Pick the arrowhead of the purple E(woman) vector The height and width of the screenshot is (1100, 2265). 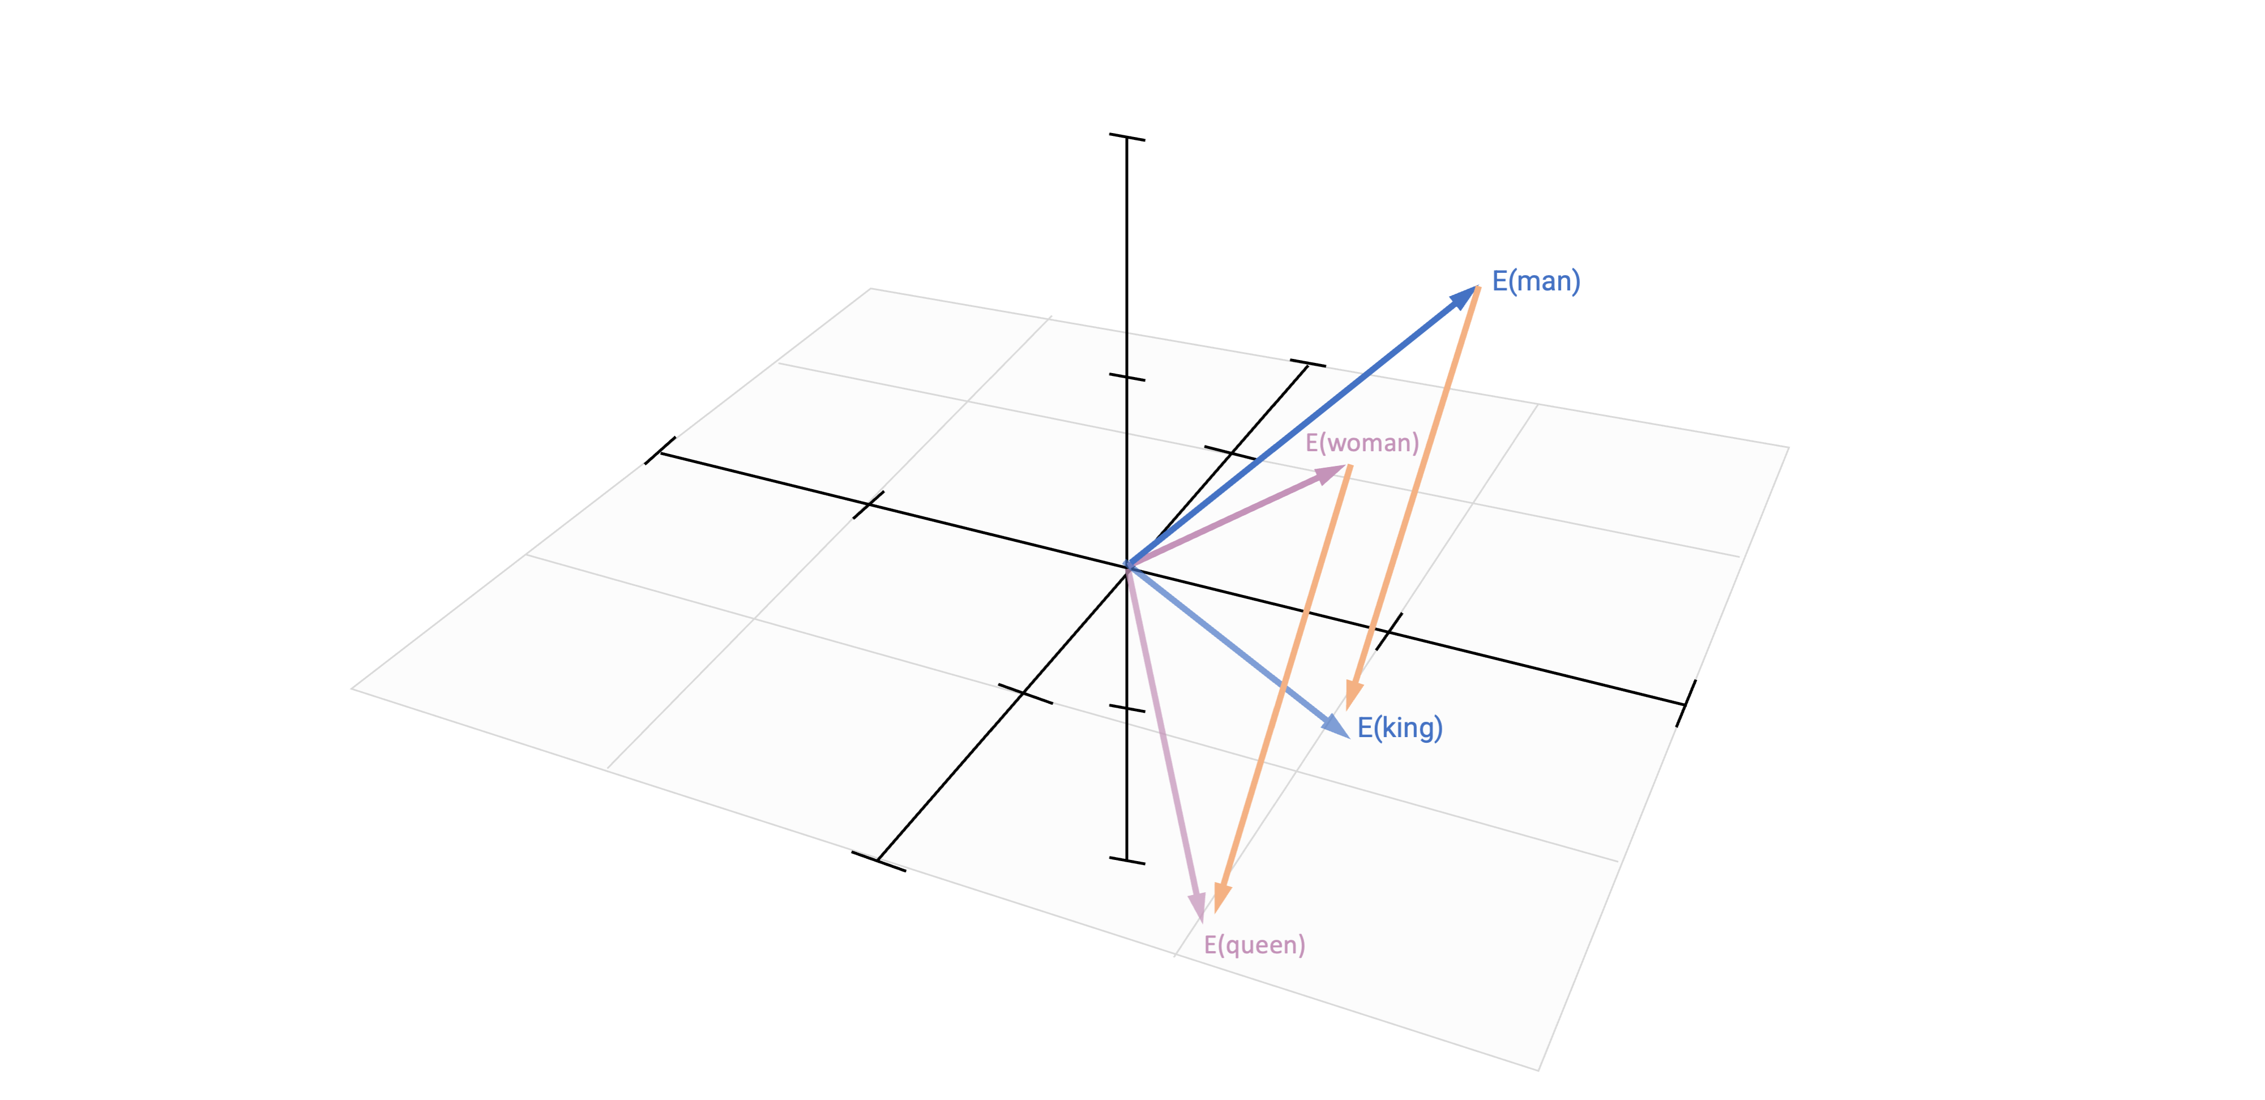(x=1330, y=475)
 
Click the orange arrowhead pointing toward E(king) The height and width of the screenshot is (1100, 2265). (x=1353, y=695)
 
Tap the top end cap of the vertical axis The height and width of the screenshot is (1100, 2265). (x=1127, y=137)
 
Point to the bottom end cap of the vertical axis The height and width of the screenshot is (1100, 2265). (x=1127, y=860)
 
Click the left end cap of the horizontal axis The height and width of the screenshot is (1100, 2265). (x=660, y=451)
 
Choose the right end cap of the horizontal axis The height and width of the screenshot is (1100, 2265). (x=1686, y=704)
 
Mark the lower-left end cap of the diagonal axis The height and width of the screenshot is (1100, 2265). (x=878, y=862)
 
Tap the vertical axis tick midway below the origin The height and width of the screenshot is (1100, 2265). (x=1127, y=708)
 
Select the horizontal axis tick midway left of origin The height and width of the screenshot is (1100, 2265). (x=869, y=505)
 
